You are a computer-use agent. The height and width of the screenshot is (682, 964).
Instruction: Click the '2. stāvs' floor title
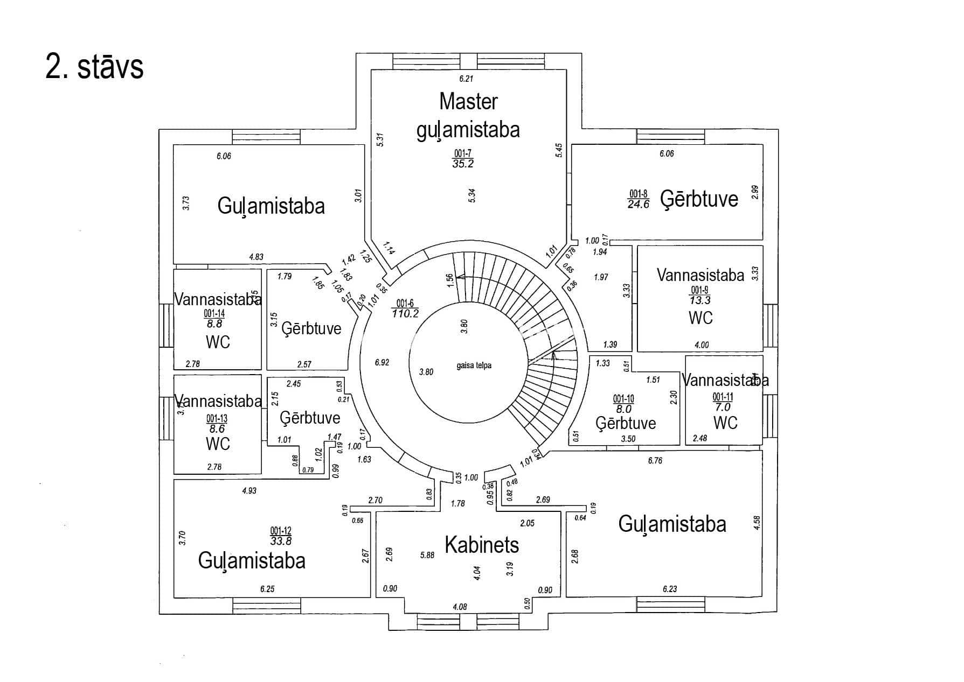coord(95,67)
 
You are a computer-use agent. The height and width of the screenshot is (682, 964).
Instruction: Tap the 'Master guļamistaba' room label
coord(468,115)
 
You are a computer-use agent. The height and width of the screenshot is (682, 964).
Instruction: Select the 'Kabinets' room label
coord(482,545)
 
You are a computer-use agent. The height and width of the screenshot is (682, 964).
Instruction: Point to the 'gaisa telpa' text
coord(474,365)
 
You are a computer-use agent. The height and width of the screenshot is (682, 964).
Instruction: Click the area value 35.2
coord(463,164)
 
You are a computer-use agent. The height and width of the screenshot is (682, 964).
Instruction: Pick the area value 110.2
coord(405,313)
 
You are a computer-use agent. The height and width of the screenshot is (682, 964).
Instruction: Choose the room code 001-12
coord(281,530)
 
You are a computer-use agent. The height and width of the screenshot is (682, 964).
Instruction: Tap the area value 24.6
coord(638,204)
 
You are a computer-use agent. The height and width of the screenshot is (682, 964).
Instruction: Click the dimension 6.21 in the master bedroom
coord(466,79)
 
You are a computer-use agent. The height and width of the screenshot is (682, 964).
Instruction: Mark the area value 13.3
coord(700,300)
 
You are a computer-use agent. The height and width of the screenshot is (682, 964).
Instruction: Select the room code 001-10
coord(623,399)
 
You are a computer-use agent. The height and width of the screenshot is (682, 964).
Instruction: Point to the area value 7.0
coord(723,407)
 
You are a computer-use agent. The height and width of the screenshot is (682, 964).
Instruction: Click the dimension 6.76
coord(655,460)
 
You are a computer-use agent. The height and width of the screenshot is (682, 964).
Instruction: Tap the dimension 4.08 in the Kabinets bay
coord(460,607)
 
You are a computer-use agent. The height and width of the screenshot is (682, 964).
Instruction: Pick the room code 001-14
coord(214,314)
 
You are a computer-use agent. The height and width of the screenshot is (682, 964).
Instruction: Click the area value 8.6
coord(217,429)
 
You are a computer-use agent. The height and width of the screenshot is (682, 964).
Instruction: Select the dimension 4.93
coord(249,491)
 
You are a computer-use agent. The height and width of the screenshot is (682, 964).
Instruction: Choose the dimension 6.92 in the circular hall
coord(382,362)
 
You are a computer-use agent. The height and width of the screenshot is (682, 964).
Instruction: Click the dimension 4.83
coord(256,257)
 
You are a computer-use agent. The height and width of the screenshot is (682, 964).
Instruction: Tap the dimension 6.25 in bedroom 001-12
coord(267,589)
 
